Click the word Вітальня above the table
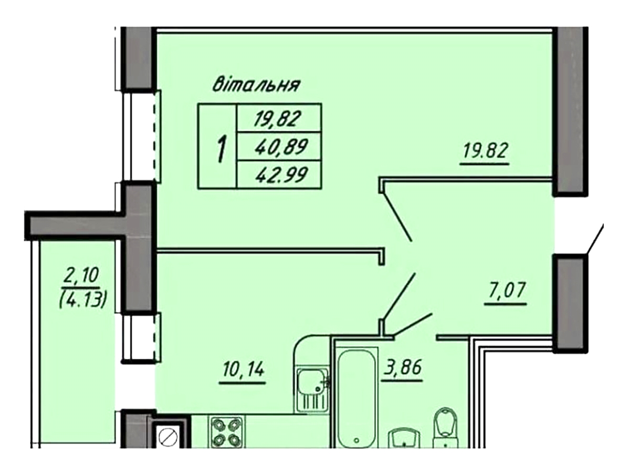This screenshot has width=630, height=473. pos(256,85)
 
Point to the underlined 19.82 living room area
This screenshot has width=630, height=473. pos(485,151)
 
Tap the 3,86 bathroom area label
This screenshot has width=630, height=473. pos(402,368)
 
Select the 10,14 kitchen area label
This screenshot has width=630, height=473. pos(243,371)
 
